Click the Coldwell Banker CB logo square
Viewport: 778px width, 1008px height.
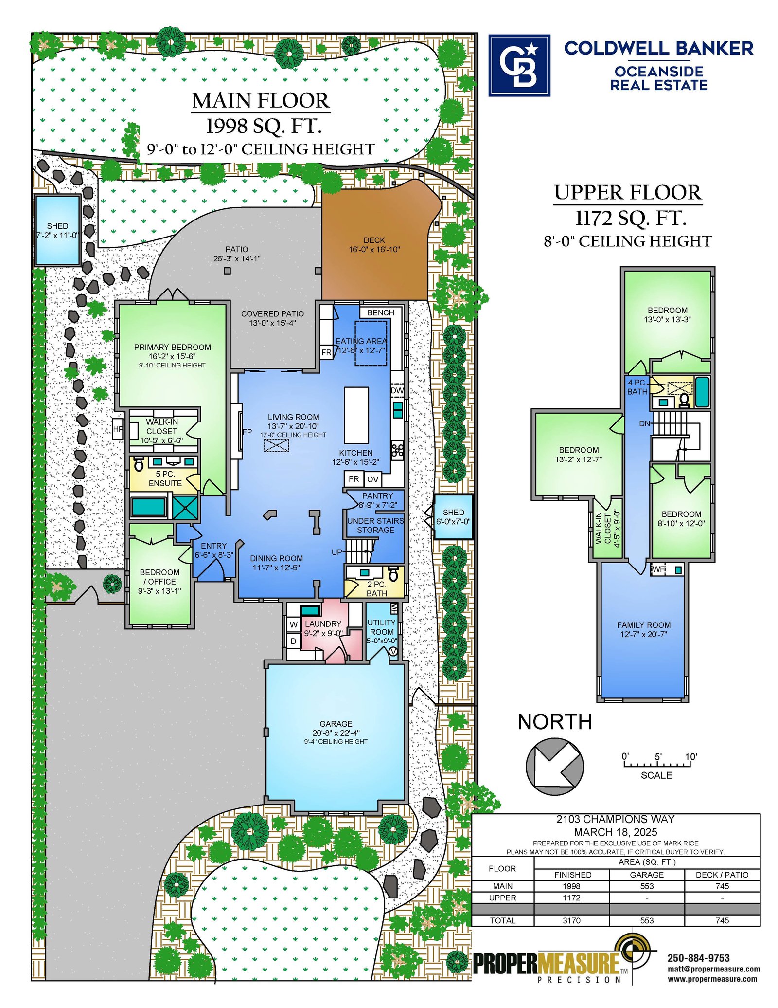(519, 65)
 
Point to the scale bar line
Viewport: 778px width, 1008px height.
(657, 766)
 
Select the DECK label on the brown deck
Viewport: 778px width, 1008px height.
(374, 240)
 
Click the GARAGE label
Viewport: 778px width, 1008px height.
(336, 724)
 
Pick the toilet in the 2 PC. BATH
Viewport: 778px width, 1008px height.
(393, 574)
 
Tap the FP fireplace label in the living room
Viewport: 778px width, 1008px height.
(247, 432)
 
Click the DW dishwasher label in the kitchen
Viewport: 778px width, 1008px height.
(397, 390)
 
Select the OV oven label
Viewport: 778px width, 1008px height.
(372, 479)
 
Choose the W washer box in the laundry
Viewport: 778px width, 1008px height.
(293, 624)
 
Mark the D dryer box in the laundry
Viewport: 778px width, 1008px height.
(293, 641)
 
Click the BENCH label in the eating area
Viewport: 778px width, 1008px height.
(381, 312)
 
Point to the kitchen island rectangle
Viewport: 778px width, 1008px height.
(356, 415)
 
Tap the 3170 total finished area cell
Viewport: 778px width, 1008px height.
(571, 920)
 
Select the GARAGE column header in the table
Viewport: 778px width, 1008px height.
(647, 875)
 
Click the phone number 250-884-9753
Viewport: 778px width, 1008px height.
(698, 958)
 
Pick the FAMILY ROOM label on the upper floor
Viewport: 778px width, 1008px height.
(644, 625)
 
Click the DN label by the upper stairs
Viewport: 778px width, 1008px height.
(645, 423)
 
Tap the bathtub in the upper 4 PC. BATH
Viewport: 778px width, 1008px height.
(702, 392)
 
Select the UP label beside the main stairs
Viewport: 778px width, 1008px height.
(337, 552)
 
